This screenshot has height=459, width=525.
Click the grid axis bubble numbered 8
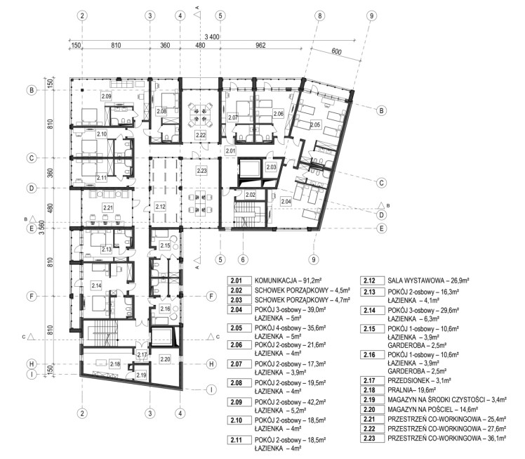pyautogui.click(x=320, y=15)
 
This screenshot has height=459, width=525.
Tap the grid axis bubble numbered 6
pyautogui.click(x=243, y=259)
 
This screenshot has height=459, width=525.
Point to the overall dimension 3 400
pyautogui.click(x=211, y=37)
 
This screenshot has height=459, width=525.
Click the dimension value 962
pyautogui.click(x=260, y=45)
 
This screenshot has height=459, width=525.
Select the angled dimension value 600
pyautogui.click(x=336, y=51)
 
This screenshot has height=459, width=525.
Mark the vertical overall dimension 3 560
pyautogui.click(x=42, y=227)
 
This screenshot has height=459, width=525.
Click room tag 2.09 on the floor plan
pyautogui.click(x=106, y=96)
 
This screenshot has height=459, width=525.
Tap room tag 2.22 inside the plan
pyautogui.click(x=201, y=135)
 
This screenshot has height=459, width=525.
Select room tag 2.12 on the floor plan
pyautogui.click(x=161, y=207)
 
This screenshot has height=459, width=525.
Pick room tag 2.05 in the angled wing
pyautogui.click(x=315, y=124)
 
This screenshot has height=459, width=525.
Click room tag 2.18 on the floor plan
pyautogui.click(x=115, y=364)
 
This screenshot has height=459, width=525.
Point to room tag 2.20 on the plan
pyautogui.click(x=165, y=359)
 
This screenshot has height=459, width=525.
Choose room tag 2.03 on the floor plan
pyautogui.click(x=271, y=167)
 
